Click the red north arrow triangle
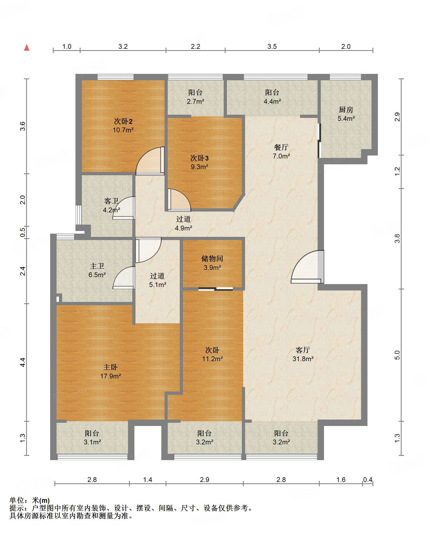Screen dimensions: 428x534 [27, 48]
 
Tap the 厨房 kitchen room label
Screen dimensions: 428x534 [346, 110]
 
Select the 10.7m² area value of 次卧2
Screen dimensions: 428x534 [123, 130]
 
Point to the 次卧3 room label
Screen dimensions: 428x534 [199, 158]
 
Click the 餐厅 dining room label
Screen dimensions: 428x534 [281, 147]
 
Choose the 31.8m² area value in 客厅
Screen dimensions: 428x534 [303, 359]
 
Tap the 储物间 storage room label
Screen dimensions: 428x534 [212, 258]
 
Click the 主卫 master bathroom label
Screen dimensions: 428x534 [97, 266]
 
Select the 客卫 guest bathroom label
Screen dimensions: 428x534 [111, 201]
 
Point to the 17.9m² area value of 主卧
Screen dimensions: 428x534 [111, 376]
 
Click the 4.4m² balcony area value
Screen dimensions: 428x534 [272, 102]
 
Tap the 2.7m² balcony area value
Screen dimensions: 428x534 [195, 102]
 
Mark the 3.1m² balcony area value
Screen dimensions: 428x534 [92, 442]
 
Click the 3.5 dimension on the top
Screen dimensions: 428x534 [272, 47]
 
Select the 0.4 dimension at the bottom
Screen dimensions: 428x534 [367, 480]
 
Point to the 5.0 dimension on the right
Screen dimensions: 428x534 [397, 355]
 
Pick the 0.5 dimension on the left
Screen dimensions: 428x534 [23, 232]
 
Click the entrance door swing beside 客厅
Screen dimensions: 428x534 [307, 267]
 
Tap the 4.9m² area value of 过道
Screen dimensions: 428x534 [183, 228]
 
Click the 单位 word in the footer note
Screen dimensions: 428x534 [17, 500]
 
